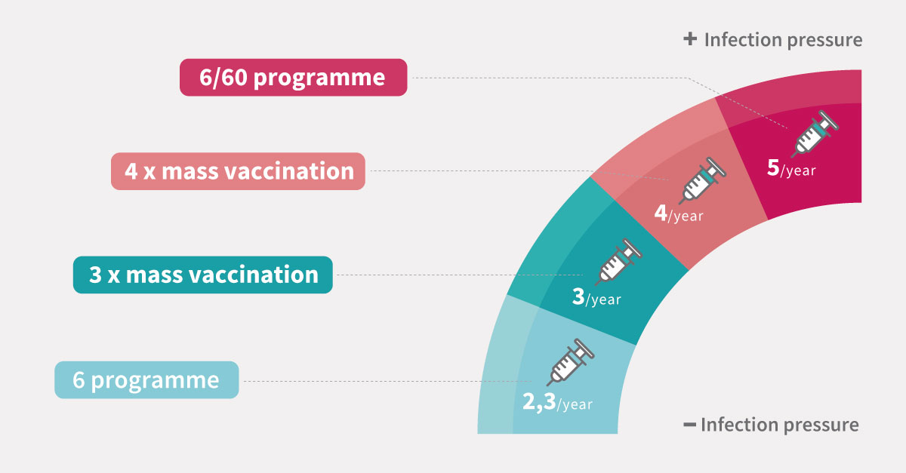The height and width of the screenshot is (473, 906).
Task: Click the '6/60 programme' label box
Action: coord(293,77)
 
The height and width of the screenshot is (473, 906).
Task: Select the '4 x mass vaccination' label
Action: coord(238,171)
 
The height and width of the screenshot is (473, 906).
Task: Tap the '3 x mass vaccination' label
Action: coord(202,275)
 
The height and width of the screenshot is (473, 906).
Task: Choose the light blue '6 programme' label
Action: coord(146,380)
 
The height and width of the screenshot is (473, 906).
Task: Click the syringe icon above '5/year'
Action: coord(815,134)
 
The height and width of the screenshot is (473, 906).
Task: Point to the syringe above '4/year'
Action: coord(703,180)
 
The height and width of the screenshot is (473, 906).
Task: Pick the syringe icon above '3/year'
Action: coord(618,262)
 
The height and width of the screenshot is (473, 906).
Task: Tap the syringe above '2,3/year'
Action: coord(570,362)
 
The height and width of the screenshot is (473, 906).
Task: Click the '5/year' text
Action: coord(791,168)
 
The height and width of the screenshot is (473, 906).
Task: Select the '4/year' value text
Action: coord(679,213)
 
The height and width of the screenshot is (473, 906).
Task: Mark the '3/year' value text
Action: coord(596,297)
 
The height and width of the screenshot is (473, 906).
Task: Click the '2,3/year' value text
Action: coord(557,403)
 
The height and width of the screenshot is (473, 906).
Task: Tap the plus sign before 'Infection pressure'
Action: coord(690,39)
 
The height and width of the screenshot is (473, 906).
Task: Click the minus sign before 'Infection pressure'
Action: coord(689,425)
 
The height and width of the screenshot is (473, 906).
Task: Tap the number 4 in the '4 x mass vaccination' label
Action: coord(131,171)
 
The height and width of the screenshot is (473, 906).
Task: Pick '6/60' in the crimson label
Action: coord(223,77)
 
